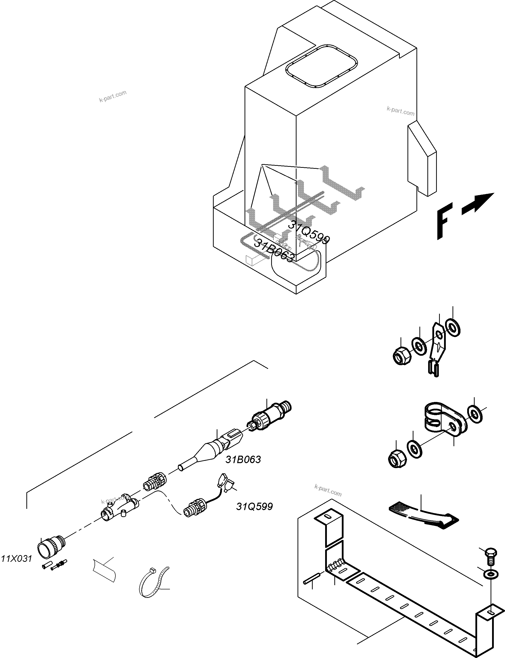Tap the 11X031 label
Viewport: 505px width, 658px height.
tap(16, 559)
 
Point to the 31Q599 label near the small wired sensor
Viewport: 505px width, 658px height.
tap(254, 507)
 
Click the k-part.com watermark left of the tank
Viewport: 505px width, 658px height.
tap(113, 96)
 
